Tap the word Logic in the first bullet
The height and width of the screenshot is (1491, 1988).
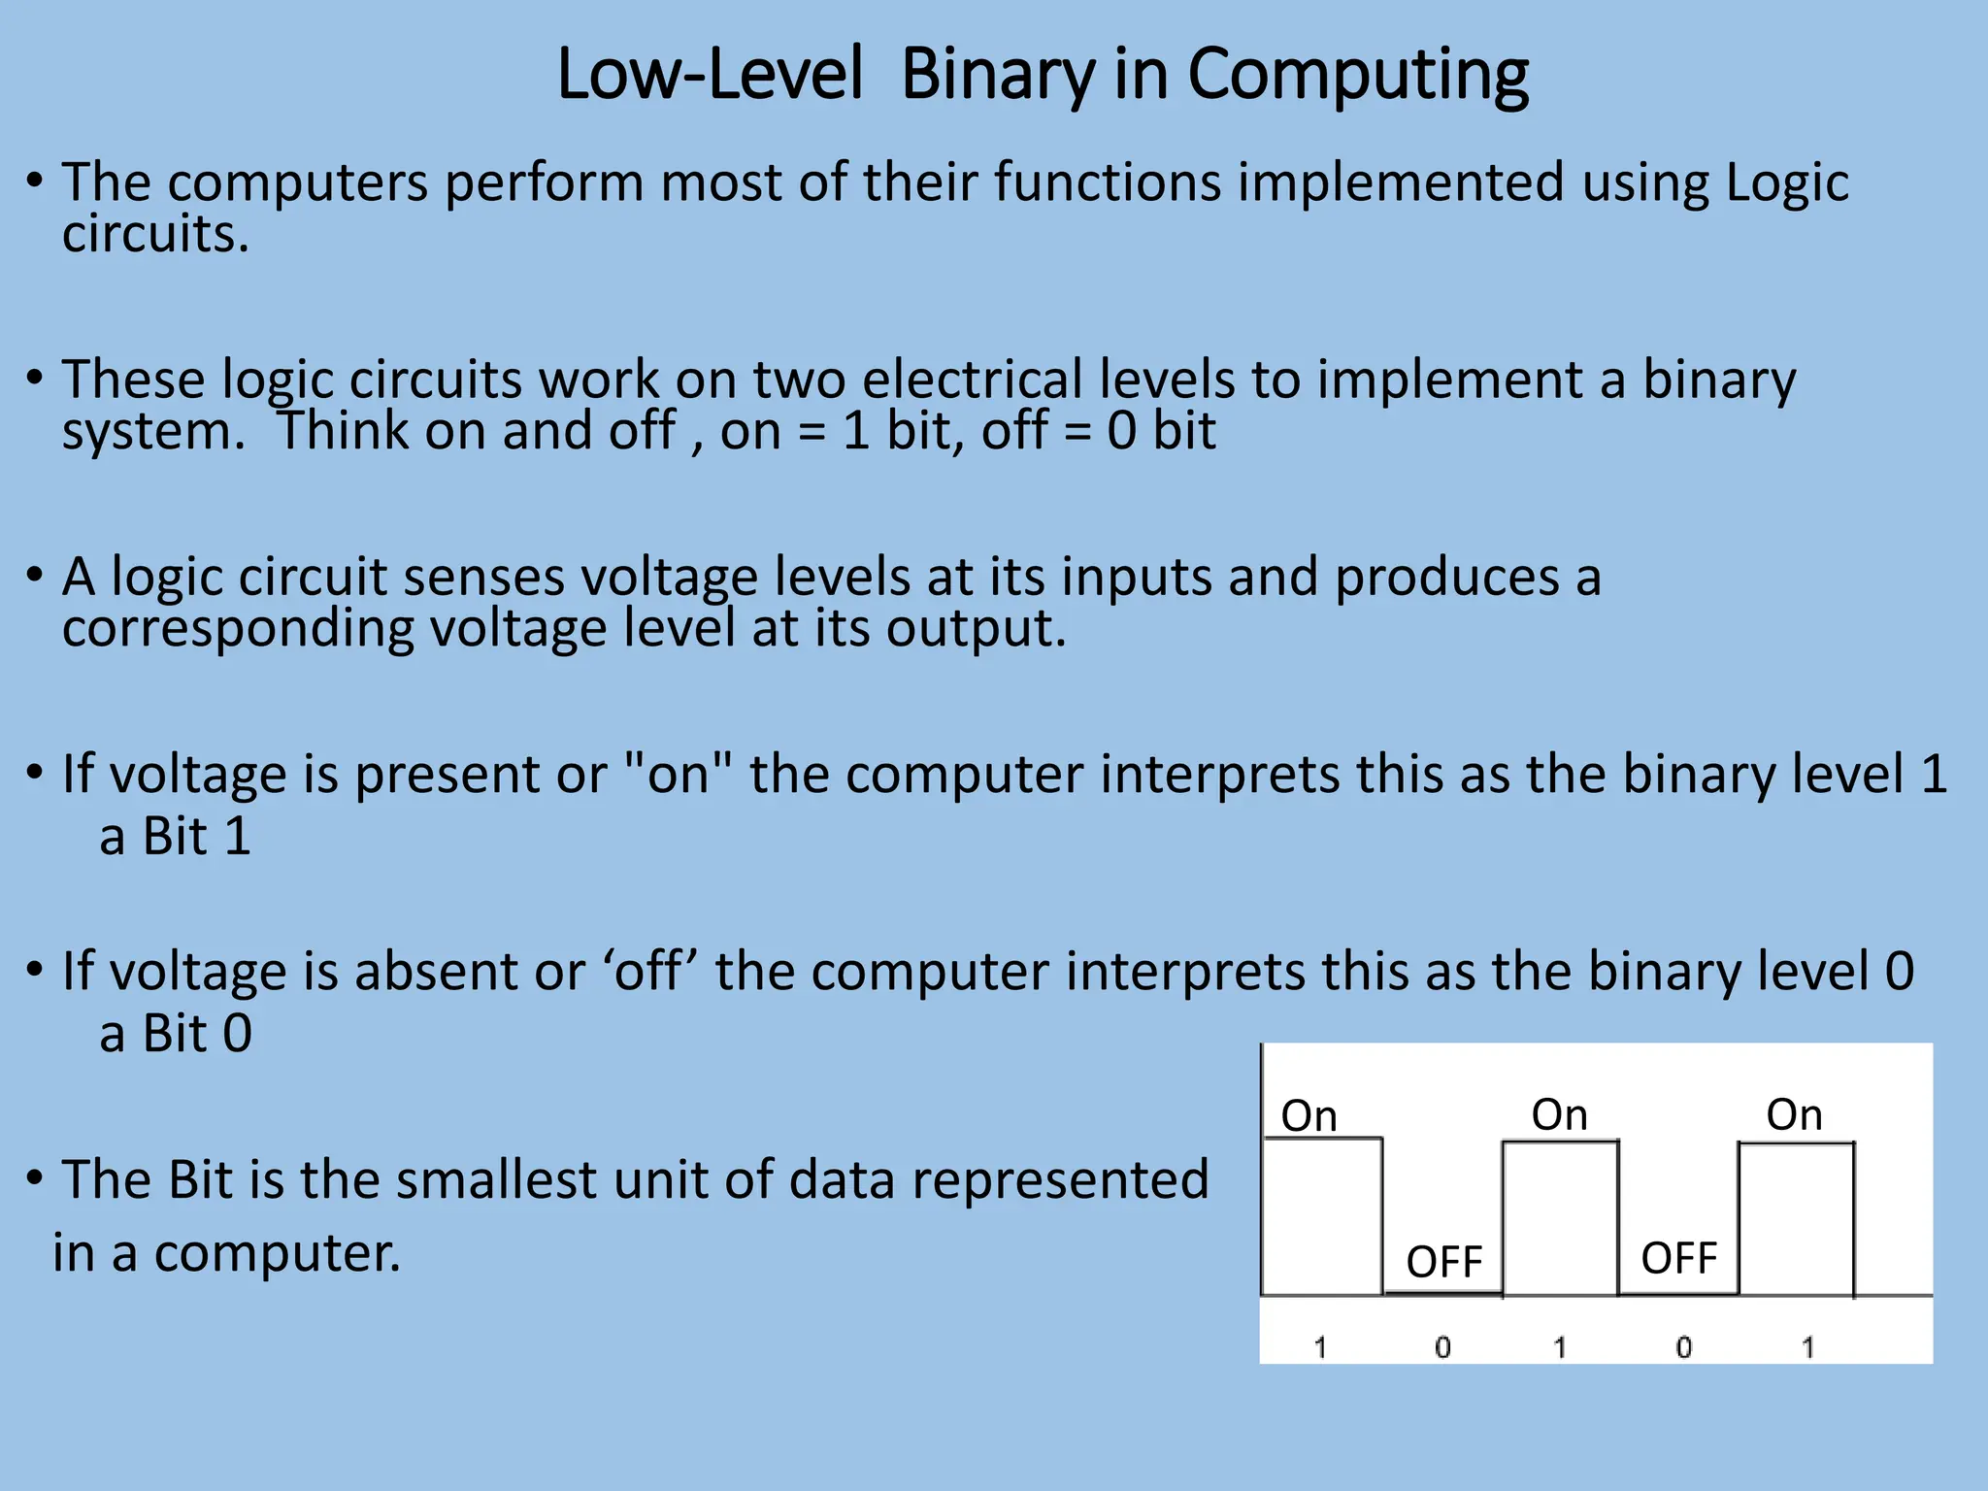[x=1787, y=184]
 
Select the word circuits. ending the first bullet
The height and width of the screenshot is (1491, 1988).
[x=155, y=235]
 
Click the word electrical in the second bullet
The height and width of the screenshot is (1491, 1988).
[x=972, y=380]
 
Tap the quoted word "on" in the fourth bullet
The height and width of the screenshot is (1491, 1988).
[x=678, y=775]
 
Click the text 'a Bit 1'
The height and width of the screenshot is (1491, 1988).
[x=175, y=837]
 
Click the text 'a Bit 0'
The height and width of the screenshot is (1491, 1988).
[x=176, y=1034]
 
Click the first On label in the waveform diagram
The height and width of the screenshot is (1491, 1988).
[x=1309, y=1116]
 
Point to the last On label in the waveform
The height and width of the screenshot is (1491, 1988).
[x=1794, y=1115]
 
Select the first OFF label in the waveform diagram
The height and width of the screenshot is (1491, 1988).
[x=1443, y=1263]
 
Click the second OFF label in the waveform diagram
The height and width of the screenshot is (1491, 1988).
[x=1678, y=1259]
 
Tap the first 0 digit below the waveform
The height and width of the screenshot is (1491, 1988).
[x=1442, y=1347]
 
